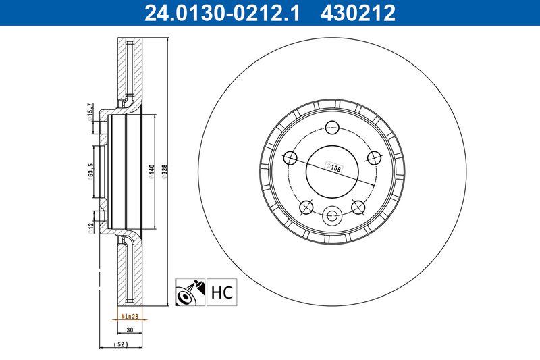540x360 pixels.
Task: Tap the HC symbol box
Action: pos(222,292)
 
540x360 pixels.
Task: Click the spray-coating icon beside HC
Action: pos(190,292)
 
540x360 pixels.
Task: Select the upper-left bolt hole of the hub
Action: pos(291,158)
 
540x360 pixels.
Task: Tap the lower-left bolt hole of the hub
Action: pos(306,207)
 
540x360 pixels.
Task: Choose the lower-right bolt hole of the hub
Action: pos(358,207)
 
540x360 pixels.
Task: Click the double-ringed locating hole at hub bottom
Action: pos(332,216)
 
